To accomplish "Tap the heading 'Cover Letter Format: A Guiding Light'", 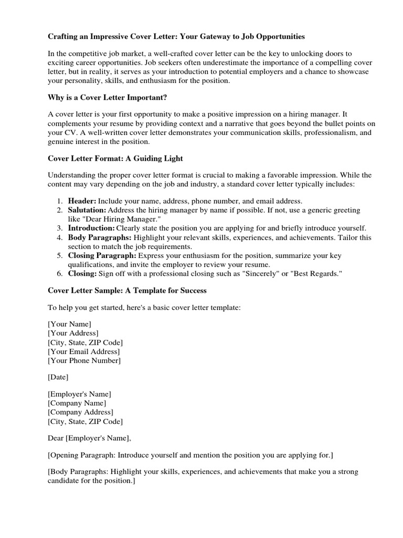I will tap(115, 158).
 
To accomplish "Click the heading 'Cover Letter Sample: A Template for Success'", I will tap(128, 290).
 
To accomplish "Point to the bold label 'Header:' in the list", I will tap(82, 201).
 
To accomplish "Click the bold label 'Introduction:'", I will tap(91, 228).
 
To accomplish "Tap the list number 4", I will tap(59, 237).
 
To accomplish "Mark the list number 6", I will tap(59, 274).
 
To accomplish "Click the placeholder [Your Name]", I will tap(69, 324).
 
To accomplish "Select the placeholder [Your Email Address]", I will tap(83, 351).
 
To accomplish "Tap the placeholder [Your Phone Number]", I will tap(84, 360).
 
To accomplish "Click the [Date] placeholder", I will tap(58, 377).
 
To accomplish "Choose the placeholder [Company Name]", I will tap(77, 403).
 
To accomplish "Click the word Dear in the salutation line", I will tap(56, 438).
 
